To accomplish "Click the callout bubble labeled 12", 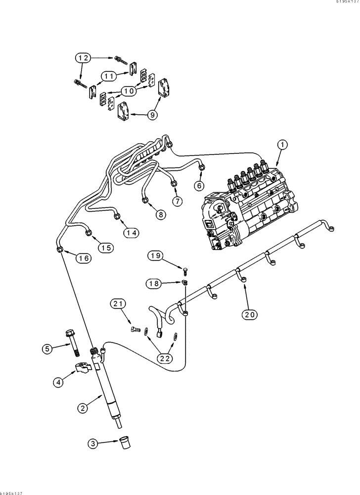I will tap(84, 58).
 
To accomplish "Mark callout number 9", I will tap(152, 115).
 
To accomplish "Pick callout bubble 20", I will tap(250, 313).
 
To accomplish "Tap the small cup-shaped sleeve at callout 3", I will tap(124, 443).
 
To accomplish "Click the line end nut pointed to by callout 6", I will tap(202, 169).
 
